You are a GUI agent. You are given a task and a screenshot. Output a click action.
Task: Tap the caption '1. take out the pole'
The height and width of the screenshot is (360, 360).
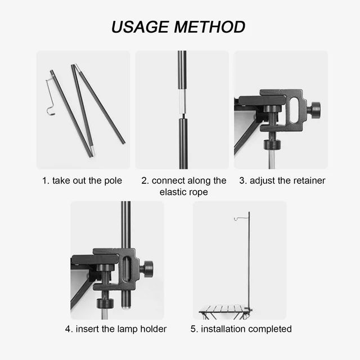tap(82, 181)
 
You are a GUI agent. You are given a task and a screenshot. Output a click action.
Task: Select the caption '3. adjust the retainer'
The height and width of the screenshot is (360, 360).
tap(282, 181)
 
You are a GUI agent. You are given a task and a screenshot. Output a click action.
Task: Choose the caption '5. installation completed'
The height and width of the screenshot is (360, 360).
tap(241, 328)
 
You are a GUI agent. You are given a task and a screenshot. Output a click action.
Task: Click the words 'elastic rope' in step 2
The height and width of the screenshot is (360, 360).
tap(183, 192)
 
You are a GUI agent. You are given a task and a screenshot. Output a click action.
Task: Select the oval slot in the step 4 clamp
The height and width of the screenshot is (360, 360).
tap(128, 268)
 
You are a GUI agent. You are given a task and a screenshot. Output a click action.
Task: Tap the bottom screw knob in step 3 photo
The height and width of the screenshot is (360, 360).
tap(272, 144)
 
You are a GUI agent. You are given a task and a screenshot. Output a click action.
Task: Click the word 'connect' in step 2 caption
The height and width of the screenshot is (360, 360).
tap(169, 181)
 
